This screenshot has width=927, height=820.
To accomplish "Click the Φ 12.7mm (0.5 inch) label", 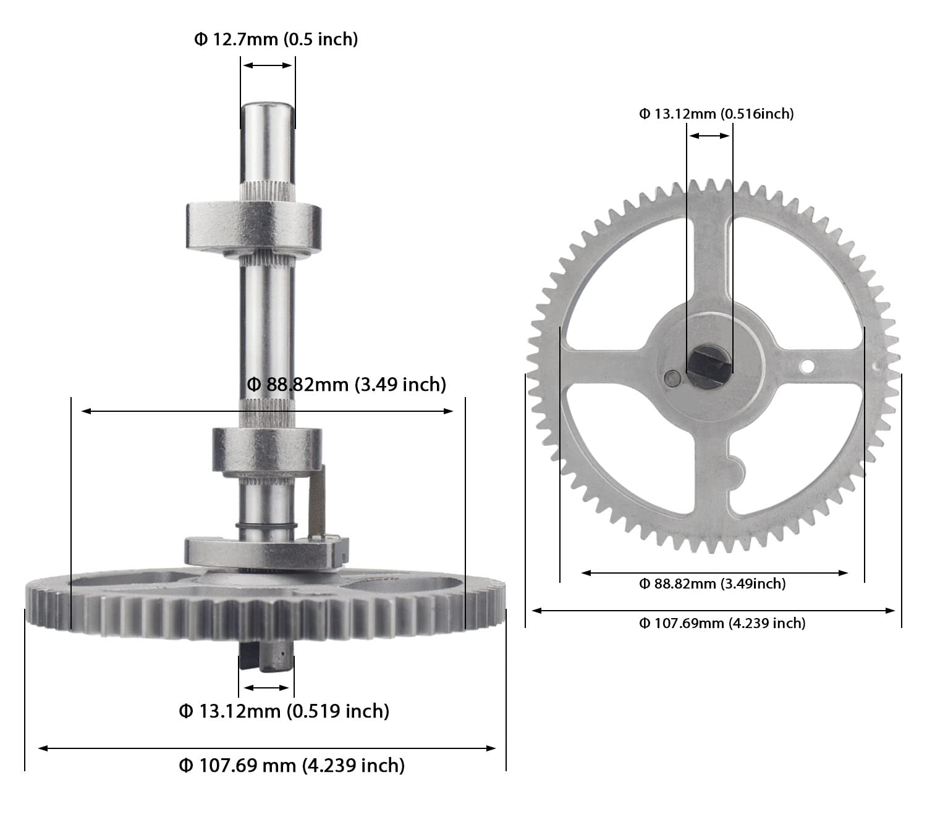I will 276,40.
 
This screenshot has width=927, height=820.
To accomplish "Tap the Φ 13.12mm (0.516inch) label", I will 716,114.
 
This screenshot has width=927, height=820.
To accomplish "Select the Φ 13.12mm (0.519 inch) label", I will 284,711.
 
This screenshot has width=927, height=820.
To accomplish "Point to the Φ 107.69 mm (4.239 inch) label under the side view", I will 292,766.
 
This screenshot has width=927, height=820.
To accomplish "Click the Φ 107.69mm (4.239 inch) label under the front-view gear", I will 722,623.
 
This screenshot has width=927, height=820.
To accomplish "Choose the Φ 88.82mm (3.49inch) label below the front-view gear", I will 712,584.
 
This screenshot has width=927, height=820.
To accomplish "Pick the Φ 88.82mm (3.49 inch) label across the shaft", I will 346,384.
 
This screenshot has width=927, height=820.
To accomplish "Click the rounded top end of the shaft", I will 267,111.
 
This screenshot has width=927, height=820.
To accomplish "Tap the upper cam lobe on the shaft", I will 253,226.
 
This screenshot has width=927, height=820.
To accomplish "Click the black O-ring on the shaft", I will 266,526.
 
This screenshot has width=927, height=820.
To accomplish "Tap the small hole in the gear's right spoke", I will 806,367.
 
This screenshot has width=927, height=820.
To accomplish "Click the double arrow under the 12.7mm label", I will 267,65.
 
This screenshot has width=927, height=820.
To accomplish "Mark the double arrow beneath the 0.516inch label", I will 709,136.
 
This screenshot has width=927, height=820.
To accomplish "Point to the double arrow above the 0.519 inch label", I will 266,688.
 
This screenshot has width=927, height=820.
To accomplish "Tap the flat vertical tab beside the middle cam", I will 317,500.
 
